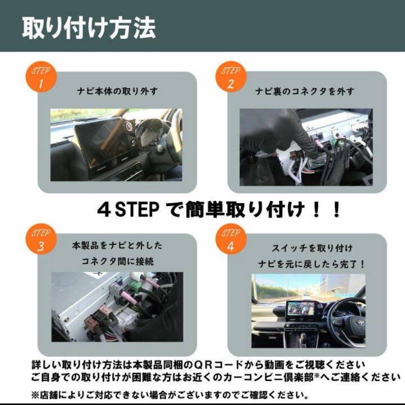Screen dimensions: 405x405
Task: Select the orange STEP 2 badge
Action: click(230, 78)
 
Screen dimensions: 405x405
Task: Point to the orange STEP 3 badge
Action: click(41, 240)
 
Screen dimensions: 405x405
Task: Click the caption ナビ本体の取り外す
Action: click(117, 91)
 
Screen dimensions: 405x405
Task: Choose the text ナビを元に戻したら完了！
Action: click(311, 264)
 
